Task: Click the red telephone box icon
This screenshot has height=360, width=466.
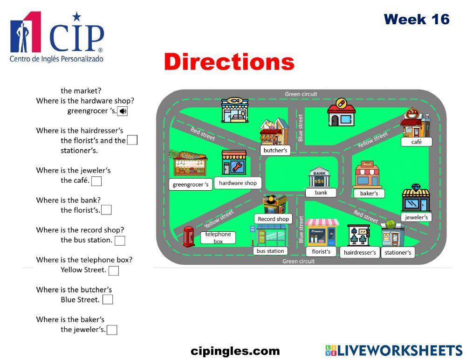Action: tap(188, 236)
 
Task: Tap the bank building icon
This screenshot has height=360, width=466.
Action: tap(320, 177)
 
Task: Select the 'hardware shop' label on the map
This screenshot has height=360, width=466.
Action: tap(238, 183)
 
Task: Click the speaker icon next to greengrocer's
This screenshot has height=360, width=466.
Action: tap(123, 111)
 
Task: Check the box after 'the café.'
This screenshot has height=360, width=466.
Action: tap(96, 181)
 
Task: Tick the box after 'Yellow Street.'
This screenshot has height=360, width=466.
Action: tap(113, 270)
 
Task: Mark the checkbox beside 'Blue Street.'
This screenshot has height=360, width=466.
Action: tap(108, 300)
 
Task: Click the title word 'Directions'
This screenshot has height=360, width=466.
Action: tap(229, 62)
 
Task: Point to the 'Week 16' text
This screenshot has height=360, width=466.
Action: tap(417, 20)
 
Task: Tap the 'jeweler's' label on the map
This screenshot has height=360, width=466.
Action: tap(416, 217)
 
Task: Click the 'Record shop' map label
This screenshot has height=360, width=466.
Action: tap(273, 219)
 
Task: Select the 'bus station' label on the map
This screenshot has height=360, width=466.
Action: tap(270, 251)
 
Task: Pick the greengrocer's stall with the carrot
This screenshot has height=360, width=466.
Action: tap(188, 163)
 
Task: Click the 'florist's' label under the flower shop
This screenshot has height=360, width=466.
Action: tap(321, 252)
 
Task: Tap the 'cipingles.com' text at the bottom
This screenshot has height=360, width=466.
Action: tap(235, 351)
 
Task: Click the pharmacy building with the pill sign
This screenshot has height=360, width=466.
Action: tap(341, 112)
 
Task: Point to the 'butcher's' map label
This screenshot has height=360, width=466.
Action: tap(275, 151)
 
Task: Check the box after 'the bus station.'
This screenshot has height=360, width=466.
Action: tap(120, 241)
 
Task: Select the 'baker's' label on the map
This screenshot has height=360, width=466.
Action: tap(369, 193)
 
